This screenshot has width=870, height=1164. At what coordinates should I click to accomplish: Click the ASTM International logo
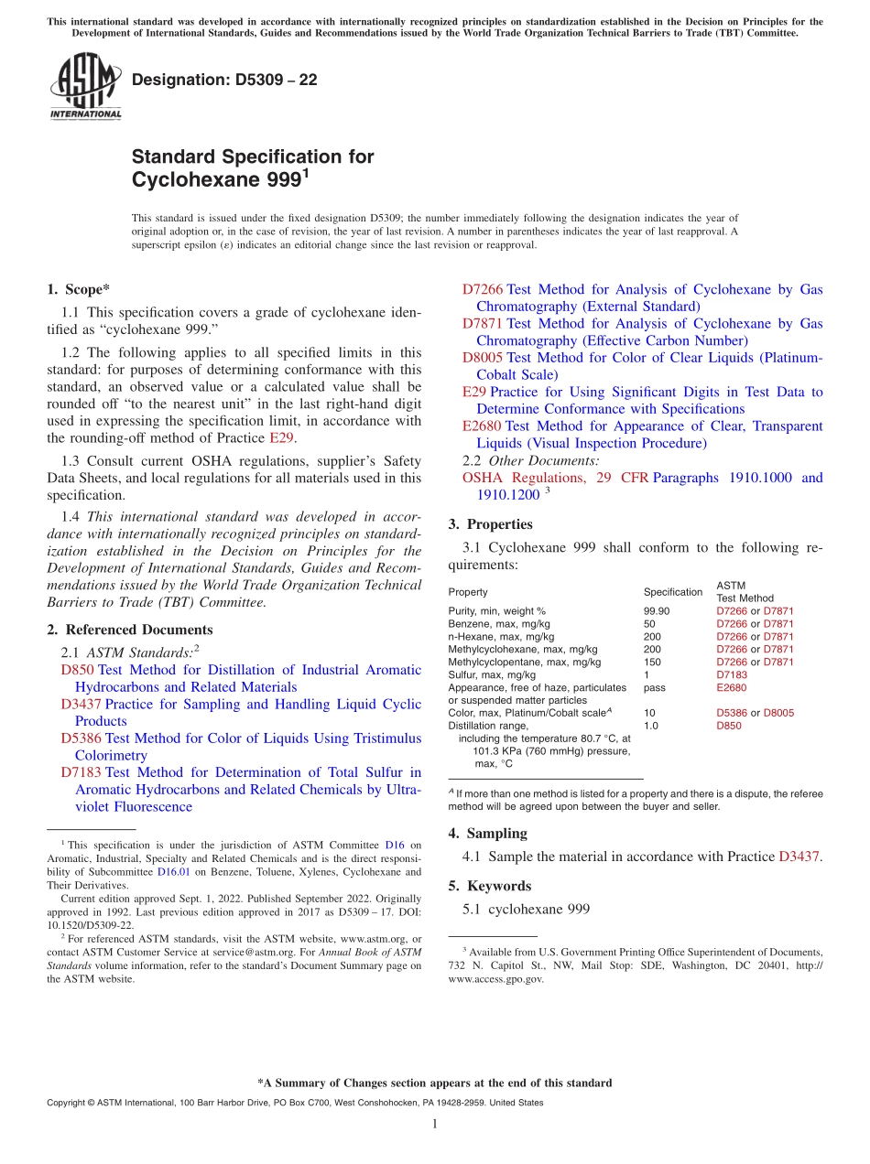click(85, 86)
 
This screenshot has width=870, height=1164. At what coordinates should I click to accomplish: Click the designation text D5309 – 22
click(224, 80)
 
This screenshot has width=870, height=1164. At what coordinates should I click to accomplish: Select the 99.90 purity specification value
click(657, 610)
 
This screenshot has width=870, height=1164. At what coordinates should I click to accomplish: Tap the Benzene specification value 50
click(649, 623)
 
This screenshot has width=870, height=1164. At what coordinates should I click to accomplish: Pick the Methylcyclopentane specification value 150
click(652, 662)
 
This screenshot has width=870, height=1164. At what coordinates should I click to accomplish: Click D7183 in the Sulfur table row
click(732, 674)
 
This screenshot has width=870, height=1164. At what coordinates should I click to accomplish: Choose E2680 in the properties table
click(732, 687)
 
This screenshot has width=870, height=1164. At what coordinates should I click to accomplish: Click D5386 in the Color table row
click(732, 713)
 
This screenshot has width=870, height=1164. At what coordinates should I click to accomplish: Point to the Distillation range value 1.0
click(650, 726)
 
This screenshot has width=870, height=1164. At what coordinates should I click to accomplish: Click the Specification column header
click(672, 592)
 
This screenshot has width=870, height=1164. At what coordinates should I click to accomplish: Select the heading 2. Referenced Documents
click(130, 630)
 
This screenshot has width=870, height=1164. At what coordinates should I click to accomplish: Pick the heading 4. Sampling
click(487, 833)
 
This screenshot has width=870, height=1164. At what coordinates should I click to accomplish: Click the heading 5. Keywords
click(489, 886)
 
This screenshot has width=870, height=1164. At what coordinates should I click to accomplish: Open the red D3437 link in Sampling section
click(799, 857)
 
